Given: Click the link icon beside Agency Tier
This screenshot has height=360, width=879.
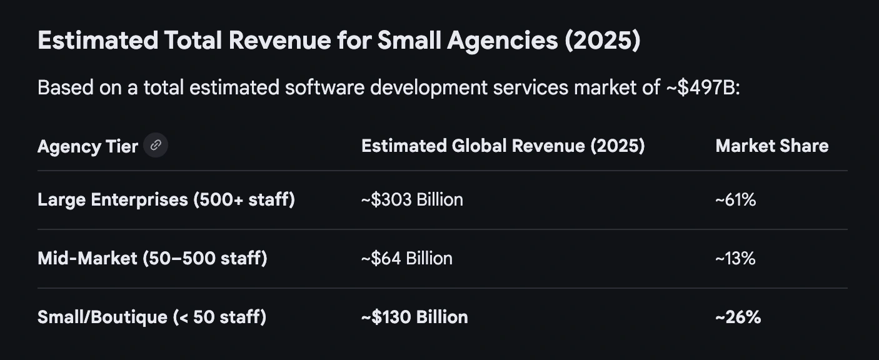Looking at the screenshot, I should point(156,146).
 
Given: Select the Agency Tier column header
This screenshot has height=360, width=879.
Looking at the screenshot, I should point(88,146).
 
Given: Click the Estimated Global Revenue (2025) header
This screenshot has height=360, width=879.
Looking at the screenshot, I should point(503,146).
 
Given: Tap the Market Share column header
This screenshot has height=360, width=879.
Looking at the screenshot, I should point(771,146).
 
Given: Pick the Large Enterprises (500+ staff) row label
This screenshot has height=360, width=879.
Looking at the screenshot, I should point(166,200).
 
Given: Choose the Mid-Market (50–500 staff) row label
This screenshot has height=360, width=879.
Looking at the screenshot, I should point(152,258).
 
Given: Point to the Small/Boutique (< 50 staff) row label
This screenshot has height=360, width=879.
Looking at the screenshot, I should point(151,317).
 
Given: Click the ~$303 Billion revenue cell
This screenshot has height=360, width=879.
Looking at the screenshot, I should point(412,200).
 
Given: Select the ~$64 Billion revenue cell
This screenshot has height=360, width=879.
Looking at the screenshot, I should point(406,258).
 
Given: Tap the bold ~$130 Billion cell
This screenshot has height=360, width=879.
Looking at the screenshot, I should point(414,317).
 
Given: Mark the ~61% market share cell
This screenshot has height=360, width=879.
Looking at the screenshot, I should point(735,200).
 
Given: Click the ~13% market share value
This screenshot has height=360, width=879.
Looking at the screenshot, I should point(735,258).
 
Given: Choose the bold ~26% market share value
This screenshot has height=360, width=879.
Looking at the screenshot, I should point(738,317).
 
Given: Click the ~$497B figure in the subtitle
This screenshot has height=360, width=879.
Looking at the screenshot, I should point(701,87).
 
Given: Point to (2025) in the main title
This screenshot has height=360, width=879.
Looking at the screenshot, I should point(602,41).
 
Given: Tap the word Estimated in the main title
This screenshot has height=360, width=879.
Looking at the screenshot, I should point(98,41).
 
